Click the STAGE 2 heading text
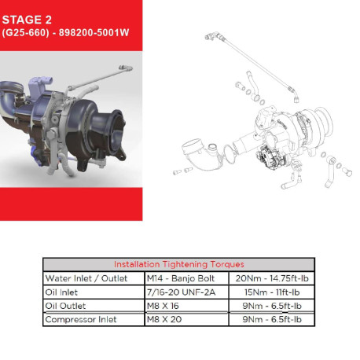pyautogui.click(x=27, y=20)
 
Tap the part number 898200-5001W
pyautogui.click(x=94, y=33)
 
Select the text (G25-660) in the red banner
pyautogui.click(x=25, y=33)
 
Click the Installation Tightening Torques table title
pyautogui.click(x=179, y=264)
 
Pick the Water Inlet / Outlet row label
pyautogui.click(x=86, y=278)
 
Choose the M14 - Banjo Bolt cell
pyautogui.click(x=181, y=278)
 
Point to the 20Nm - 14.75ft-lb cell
pyautogui.click(x=272, y=278)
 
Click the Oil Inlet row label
pyautogui.click(x=61, y=292)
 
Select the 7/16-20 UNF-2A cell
pyautogui.click(x=182, y=292)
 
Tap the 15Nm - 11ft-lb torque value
pyautogui.click(x=272, y=292)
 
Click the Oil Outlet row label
pyautogui.click(x=65, y=306)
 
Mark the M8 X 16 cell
pyautogui.click(x=163, y=306)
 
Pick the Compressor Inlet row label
pyautogui.click(x=81, y=319)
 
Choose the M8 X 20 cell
pyautogui.click(x=164, y=319)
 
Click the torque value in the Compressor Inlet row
pyautogui.click(x=272, y=319)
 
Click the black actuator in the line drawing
pyautogui.click(x=270, y=158)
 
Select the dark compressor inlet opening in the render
pyautogui.click(x=116, y=136)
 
